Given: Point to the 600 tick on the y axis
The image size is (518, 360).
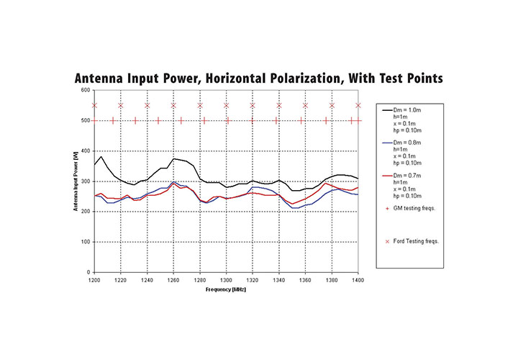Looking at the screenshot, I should (x=86, y=90).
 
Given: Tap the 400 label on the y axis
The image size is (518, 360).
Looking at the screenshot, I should (x=86, y=150).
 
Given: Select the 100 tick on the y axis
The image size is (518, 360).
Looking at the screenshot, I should (x=86, y=242).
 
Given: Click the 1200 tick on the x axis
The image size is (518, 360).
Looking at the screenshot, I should (x=94, y=279).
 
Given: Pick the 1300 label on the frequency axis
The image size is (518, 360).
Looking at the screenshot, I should (x=226, y=279).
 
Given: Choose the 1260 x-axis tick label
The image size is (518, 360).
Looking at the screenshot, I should (x=173, y=279).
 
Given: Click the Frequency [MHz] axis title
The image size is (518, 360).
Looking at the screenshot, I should (x=226, y=289).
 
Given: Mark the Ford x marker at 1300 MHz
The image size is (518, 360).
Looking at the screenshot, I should (x=226, y=105).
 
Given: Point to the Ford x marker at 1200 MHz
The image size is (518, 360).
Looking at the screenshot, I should (x=94, y=105).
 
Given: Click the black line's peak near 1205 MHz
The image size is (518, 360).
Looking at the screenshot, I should (x=101, y=156).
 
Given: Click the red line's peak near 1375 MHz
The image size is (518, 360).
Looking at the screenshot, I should (x=326, y=183).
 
